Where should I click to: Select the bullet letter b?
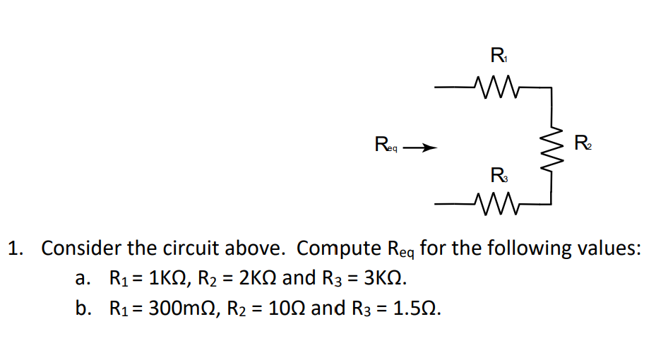(83, 308)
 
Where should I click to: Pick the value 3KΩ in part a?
(384, 278)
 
